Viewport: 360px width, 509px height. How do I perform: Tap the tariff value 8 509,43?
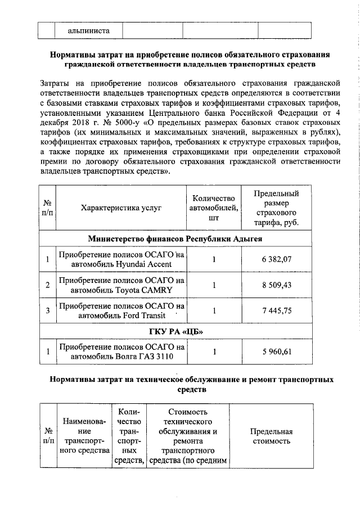(x=276, y=285)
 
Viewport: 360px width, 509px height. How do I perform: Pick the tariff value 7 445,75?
(x=276, y=310)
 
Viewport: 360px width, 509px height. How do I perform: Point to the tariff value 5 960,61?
(x=276, y=352)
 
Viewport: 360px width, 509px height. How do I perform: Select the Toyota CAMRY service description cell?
(x=121, y=285)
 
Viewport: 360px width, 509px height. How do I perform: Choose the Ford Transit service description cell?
(x=121, y=310)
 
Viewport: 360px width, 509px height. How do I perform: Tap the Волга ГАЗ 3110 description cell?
(x=121, y=352)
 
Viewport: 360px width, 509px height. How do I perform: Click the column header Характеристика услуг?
(x=121, y=208)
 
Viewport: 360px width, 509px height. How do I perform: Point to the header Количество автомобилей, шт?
(x=214, y=208)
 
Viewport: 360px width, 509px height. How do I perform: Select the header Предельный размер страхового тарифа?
(x=276, y=208)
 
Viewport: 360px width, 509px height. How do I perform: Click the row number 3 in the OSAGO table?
(x=48, y=310)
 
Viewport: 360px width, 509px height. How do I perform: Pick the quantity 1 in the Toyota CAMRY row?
(x=214, y=285)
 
